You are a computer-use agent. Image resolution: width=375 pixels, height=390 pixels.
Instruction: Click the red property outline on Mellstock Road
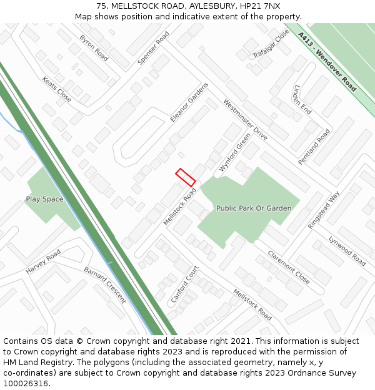pos(186,177)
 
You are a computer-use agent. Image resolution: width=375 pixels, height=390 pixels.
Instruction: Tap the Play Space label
pos(44,199)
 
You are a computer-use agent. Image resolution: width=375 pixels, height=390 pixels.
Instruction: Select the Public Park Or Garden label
pos(254,208)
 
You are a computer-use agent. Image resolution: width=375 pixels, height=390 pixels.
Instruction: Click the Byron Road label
pos(93,48)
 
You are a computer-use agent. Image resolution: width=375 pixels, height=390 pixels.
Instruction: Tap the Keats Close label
pos(57,89)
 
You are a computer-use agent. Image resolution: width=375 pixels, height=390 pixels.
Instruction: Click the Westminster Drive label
pos(245,119)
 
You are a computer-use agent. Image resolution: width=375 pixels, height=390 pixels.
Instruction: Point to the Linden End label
pos(301,98)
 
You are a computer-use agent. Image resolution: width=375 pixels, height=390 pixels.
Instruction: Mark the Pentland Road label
pos(314,147)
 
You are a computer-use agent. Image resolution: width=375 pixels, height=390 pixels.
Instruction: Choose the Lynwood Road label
pos(347,250)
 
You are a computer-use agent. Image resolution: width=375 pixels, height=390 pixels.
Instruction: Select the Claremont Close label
pos(289,267)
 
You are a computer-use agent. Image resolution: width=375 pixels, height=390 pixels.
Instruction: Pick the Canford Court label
pos(184,285)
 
